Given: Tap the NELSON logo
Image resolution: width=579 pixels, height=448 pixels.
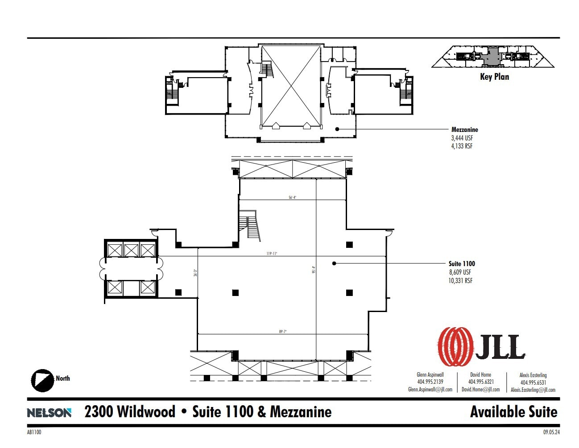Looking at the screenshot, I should pos(49,413).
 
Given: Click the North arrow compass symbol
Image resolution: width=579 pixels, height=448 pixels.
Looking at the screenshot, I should pos(42,380).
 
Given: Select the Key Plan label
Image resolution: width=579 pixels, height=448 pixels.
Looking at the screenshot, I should pos(494,77).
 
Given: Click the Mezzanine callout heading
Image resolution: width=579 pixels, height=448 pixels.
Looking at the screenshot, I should pos(464,130).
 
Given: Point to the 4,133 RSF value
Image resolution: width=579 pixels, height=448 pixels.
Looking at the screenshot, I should pos(462,146).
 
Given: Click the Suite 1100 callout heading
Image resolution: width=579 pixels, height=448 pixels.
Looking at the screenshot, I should pos(462,264).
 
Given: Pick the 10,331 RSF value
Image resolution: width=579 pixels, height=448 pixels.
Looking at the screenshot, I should pos(460,281).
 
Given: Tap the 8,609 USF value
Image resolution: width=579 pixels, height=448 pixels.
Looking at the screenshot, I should pos(460,272).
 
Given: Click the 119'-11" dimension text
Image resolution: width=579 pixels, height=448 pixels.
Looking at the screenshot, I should pos(272,254).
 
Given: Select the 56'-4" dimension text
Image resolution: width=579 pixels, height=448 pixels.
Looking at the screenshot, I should pos(293,197).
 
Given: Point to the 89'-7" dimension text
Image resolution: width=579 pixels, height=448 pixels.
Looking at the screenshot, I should pos(283,332).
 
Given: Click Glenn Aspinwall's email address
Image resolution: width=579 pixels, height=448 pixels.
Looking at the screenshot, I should pos(430,390).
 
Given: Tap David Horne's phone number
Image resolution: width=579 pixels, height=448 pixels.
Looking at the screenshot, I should pos(481,382).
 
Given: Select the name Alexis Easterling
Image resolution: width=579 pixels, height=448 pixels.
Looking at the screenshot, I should pos(533,375).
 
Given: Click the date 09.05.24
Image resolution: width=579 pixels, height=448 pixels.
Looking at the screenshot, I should pos(551,432).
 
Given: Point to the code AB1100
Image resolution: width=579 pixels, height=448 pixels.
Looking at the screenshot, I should pos(34,432).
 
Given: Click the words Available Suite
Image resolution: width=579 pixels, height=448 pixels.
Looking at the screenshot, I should pos(513,412).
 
